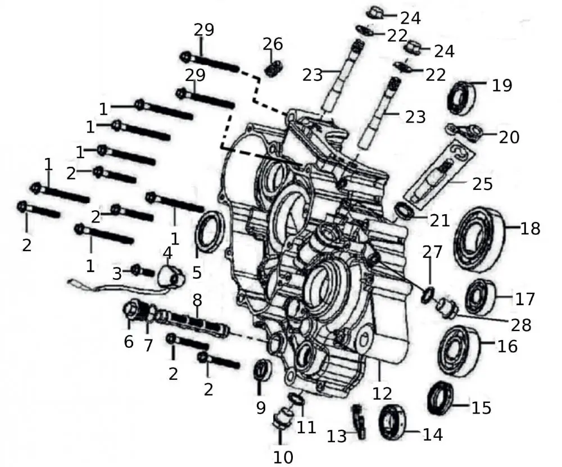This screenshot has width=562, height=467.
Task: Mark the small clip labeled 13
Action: tap(358, 422)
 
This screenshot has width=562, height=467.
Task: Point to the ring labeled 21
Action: tap(404, 211)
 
